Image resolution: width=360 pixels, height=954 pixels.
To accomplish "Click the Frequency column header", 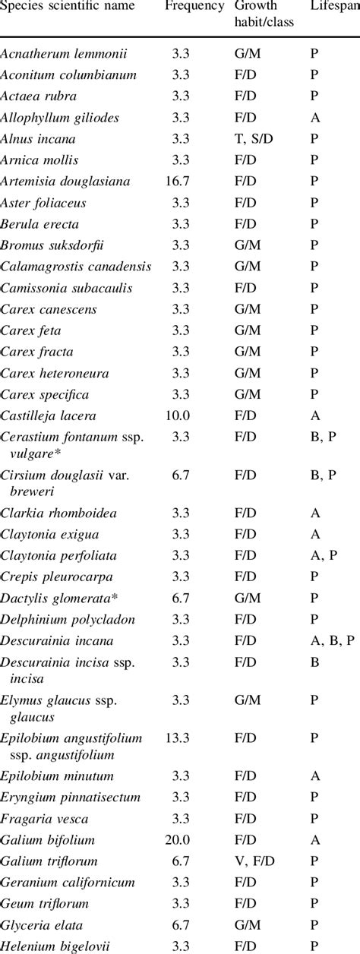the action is pyautogui.click(x=194, y=6).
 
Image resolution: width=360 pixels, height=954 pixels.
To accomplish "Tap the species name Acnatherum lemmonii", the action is pyautogui.click(x=64, y=54).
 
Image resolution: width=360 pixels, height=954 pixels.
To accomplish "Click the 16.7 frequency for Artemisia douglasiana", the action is pyautogui.click(x=178, y=182).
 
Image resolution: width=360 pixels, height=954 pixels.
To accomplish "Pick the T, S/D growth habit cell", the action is pyautogui.click(x=254, y=139).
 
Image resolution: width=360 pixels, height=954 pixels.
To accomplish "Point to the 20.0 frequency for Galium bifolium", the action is pyautogui.click(x=178, y=840).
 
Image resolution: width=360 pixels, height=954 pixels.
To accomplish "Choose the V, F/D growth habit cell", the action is pyautogui.click(x=254, y=861).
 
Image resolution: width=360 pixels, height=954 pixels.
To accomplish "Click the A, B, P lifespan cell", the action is pyautogui.click(x=333, y=641).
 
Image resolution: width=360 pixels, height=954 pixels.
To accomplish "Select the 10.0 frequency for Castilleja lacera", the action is pyautogui.click(x=178, y=415).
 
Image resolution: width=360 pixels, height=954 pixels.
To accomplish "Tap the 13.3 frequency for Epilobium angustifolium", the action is pyautogui.click(x=178, y=738).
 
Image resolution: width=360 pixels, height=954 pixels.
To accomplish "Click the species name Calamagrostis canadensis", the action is pyautogui.click(x=76, y=267).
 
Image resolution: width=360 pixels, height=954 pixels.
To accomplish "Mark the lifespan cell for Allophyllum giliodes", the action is pyautogui.click(x=315, y=118).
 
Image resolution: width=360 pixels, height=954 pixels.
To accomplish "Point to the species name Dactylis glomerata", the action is pyautogui.click(x=59, y=599).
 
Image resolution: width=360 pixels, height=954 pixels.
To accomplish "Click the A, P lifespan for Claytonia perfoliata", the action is pyautogui.click(x=324, y=556).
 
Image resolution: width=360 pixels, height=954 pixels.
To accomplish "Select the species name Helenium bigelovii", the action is pyautogui.click(x=55, y=946).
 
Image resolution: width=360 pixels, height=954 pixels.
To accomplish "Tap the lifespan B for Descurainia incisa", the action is pyautogui.click(x=314, y=662).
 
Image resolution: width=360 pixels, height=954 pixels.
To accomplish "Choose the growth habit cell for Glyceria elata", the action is pyautogui.click(x=247, y=925).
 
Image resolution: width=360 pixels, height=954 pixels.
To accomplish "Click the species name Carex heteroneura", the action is pyautogui.click(x=55, y=374).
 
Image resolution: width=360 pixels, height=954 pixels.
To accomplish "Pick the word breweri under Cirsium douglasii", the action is pyautogui.click(x=32, y=491).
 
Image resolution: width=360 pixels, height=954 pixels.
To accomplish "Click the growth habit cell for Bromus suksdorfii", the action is pyautogui.click(x=247, y=245).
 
